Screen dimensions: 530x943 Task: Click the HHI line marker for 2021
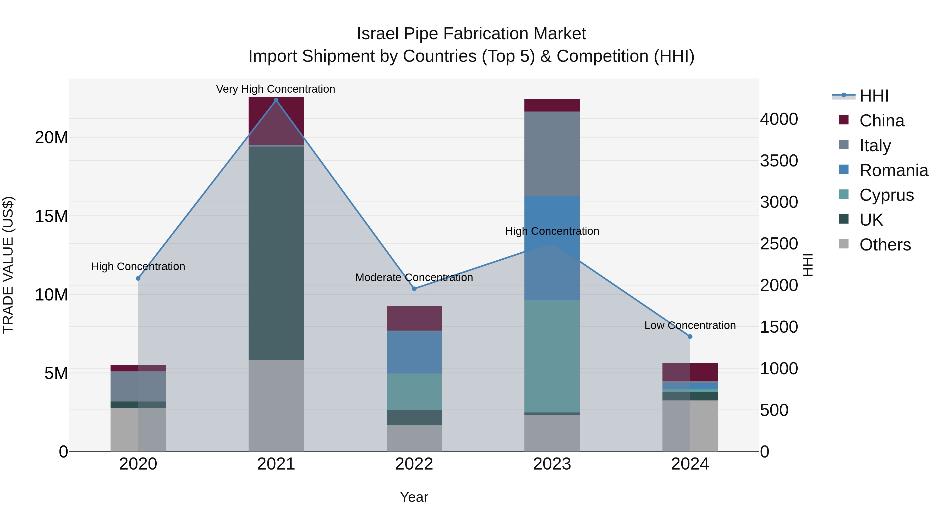tap(276, 100)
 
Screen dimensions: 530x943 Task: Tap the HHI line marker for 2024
tap(690, 337)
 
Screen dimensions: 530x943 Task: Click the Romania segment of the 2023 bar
tap(552, 248)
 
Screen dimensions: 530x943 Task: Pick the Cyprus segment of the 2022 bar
tap(414, 391)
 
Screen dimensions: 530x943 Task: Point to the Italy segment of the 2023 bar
tap(552, 154)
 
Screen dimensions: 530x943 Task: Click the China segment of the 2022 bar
tap(414, 318)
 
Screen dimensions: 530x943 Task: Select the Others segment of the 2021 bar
tap(276, 406)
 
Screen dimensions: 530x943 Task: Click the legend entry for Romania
tap(893, 170)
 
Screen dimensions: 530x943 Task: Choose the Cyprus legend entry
tap(886, 195)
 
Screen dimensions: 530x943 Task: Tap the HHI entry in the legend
tap(873, 96)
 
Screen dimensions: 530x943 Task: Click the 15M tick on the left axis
tap(51, 216)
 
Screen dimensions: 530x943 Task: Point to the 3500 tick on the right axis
tap(779, 161)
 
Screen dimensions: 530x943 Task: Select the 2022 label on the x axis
tap(414, 464)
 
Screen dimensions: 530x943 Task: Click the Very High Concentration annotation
tap(276, 89)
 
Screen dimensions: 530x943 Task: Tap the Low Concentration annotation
tap(690, 325)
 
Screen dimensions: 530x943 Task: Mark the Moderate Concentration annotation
tap(414, 277)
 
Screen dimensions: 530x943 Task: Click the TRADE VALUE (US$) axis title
tap(8, 265)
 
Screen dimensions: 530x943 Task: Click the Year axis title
tap(414, 497)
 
